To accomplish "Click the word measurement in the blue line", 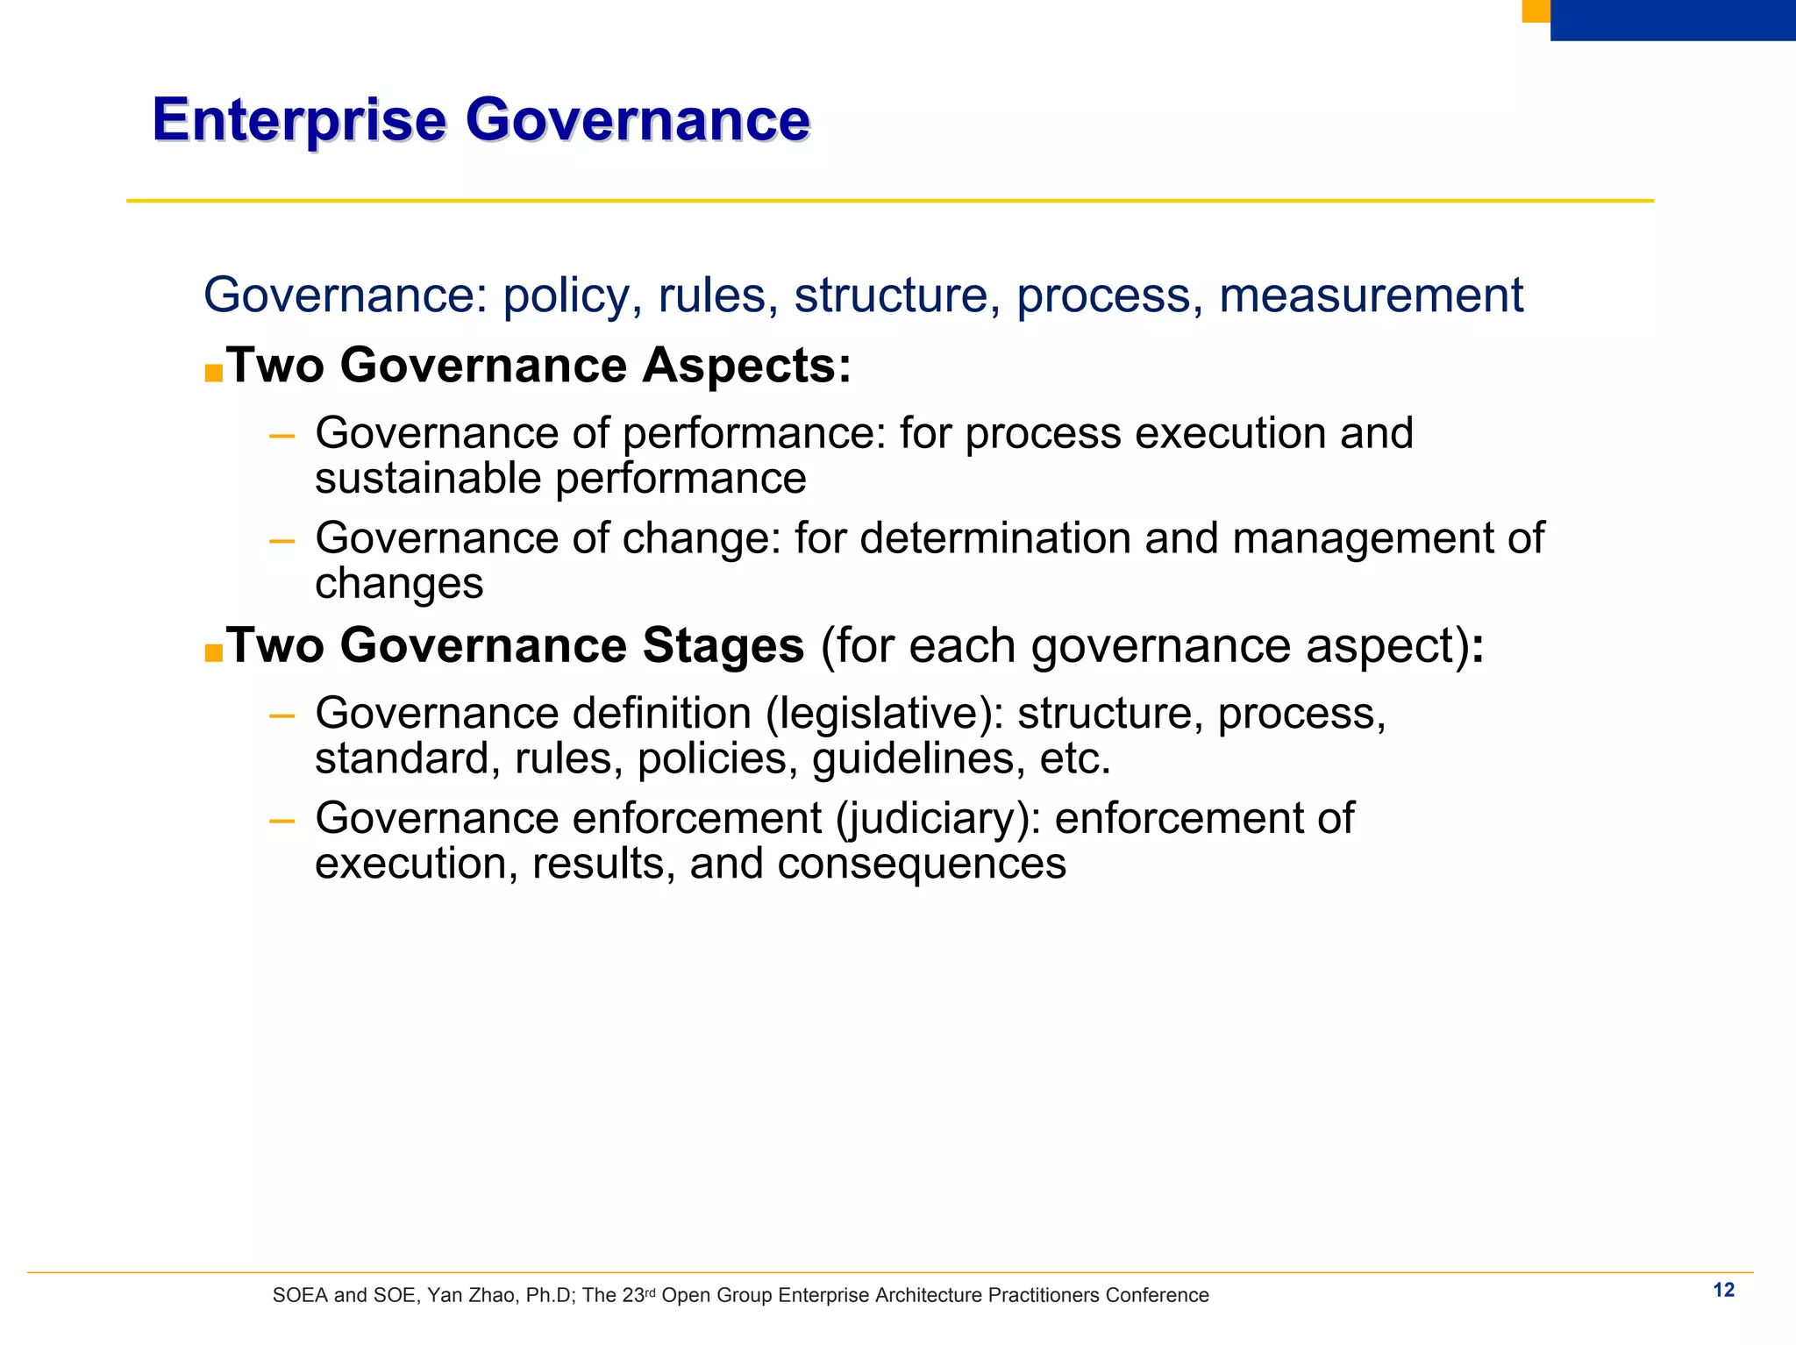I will [1371, 295].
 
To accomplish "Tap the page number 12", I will [1723, 1290].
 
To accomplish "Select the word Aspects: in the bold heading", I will [746, 366].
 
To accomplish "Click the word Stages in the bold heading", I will [723, 646].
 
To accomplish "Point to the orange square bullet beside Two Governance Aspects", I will [213, 373].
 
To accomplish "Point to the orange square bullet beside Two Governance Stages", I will [213, 653].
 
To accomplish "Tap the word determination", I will [994, 538].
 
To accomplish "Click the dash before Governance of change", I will [282, 541].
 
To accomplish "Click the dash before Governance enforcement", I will [282, 822].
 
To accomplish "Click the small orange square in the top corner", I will [1536, 11].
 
